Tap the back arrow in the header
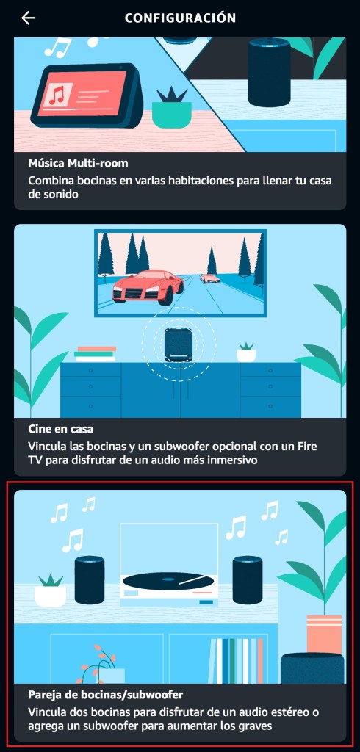coord(29,18)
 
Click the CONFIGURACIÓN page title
coord(180,18)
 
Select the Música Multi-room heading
coord(78,163)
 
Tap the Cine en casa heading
coord(60,427)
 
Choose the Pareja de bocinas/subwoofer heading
coord(106,695)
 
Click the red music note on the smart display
coord(57,95)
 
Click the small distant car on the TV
coord(210,278)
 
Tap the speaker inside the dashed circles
coord(179,345)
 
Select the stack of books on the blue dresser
coord(95,354)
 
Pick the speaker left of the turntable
coord(90,580)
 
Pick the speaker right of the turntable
coord(248,580)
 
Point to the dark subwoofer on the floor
coord(312,668)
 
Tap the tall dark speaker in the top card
coord(270,72)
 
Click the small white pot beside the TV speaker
coord(246,353)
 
